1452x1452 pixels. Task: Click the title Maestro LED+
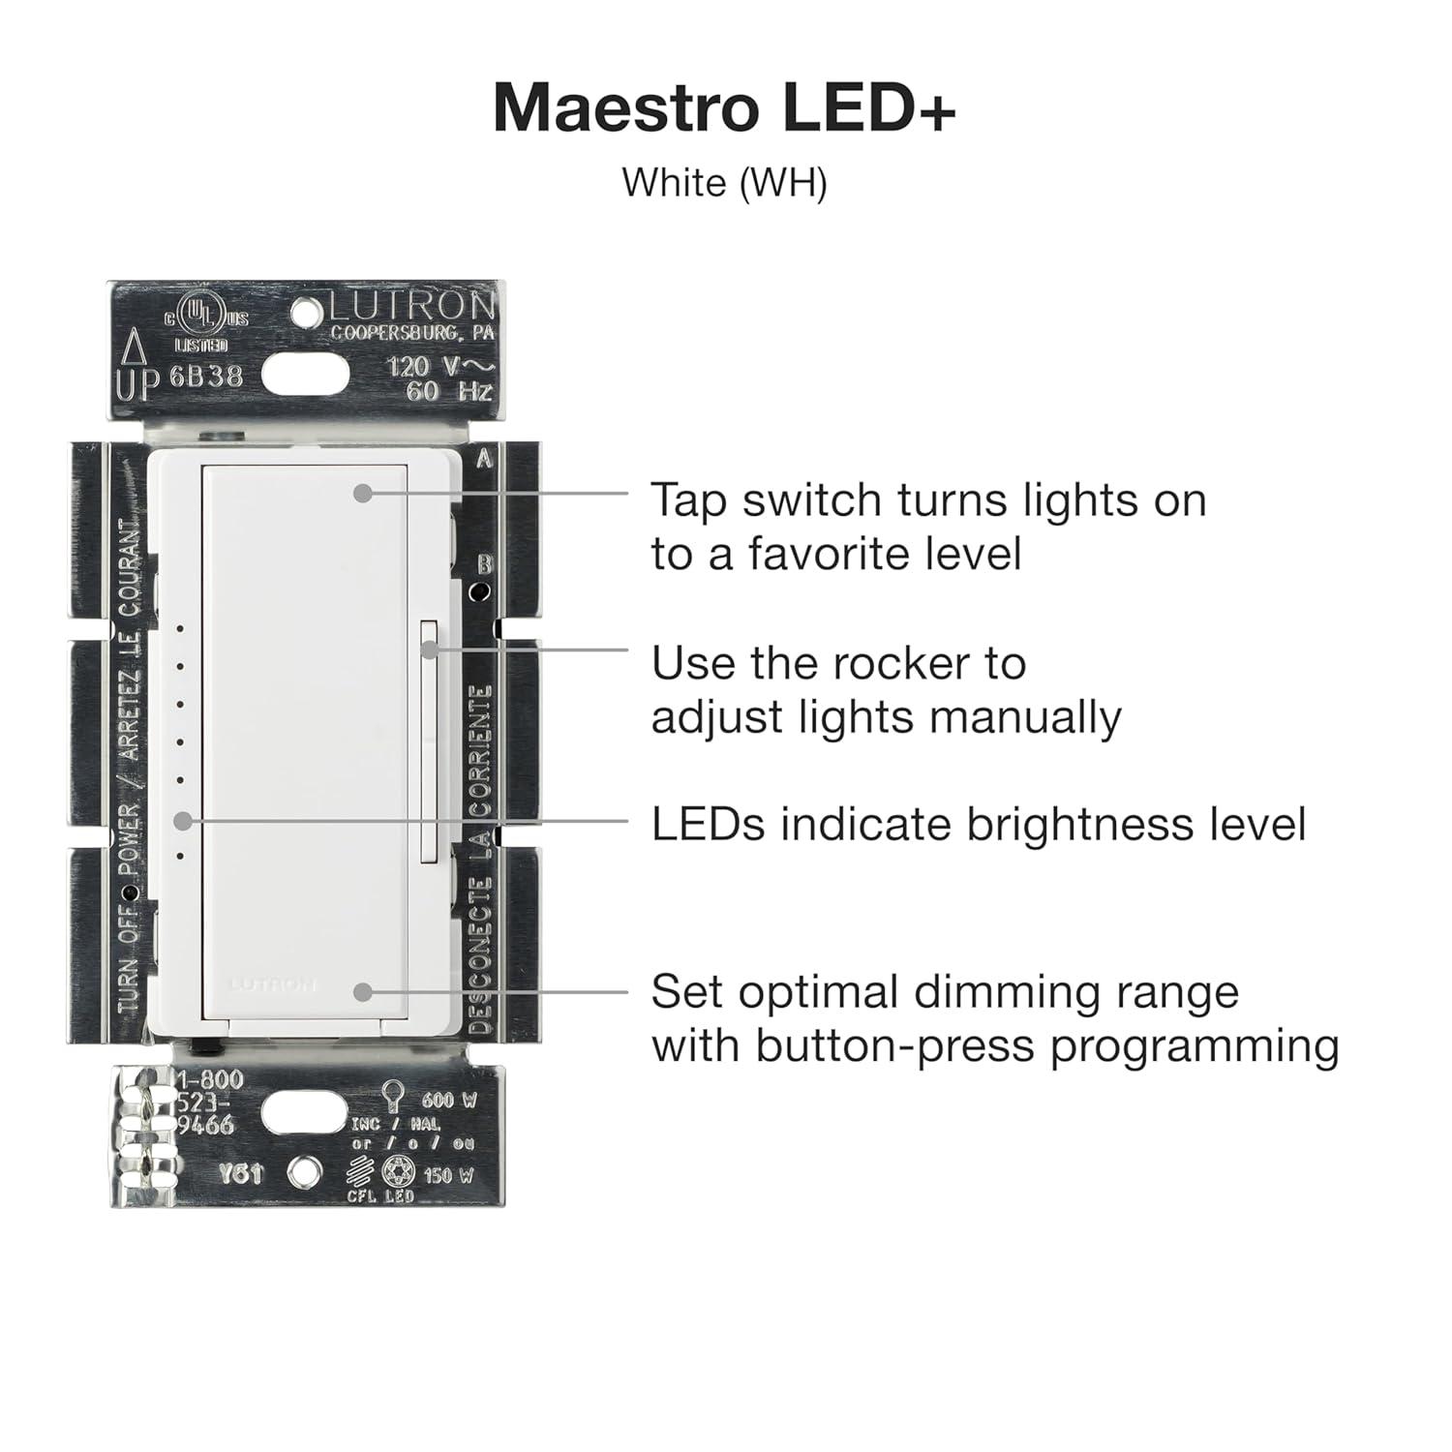pyautogui.click(x=724, y=108)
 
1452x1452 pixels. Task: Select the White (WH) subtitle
pyautogui.click(x=724, y=182)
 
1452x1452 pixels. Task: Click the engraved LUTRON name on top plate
pyautogui.click(x=411, y=307)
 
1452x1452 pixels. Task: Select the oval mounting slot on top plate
pyautogui.click(x=305, y=373)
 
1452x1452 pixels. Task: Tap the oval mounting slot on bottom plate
pyautogui.click(x=305, y=1116)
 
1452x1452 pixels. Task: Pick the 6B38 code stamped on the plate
pyautogui.click(x=206, y=376)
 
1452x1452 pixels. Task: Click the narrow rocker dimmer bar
pyautogui.click(x=429, y=741)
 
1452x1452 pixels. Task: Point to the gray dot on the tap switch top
pyautogui.click(x=362, y=493)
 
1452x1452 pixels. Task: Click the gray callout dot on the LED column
pyautogui.click(x=182, y=821)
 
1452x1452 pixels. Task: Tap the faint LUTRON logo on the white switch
pyautogui.click(x=273, y=984)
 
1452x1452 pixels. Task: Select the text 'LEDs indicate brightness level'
pyautogui.click(x=978, y=825)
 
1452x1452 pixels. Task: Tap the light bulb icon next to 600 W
pyautogui.click(x=392, y=1096)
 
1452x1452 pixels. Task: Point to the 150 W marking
pyautogui.click(x=449, y=1176)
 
